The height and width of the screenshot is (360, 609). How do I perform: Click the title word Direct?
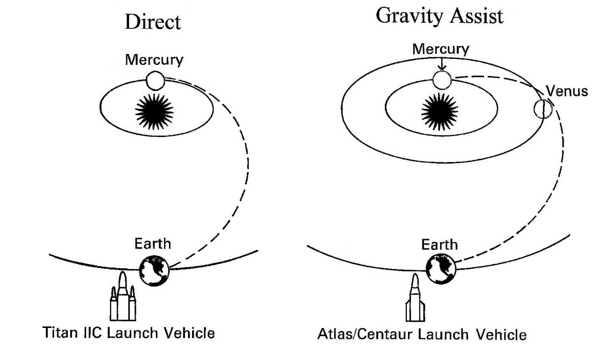[153, 22]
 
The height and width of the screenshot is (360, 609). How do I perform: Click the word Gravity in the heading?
[409, 17]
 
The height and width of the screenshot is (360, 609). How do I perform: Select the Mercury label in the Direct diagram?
[154, 60]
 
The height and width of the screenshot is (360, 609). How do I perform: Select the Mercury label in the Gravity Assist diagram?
[441, 49]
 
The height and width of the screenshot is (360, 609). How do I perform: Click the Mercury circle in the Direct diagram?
[155, 81]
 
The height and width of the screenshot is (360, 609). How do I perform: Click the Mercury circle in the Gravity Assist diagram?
[442, 80]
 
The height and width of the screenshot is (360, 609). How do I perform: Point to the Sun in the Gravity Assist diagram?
[440, 112]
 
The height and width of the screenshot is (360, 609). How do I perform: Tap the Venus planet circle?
[543, 109]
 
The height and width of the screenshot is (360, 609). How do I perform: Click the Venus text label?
[567, 91]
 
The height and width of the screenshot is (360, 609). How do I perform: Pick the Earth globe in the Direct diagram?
[154, 270]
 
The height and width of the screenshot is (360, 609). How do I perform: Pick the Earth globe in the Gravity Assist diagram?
[441, 269]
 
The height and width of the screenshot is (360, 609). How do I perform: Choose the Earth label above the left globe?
[153, 244]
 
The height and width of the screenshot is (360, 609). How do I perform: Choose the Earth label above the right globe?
[439, 245]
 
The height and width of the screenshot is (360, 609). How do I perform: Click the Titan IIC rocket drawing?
[123, 298]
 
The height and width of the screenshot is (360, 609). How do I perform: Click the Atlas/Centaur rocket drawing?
[415, 299]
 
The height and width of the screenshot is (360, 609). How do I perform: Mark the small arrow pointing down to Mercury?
[442, 63]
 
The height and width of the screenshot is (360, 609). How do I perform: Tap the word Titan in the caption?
[60, 333]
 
